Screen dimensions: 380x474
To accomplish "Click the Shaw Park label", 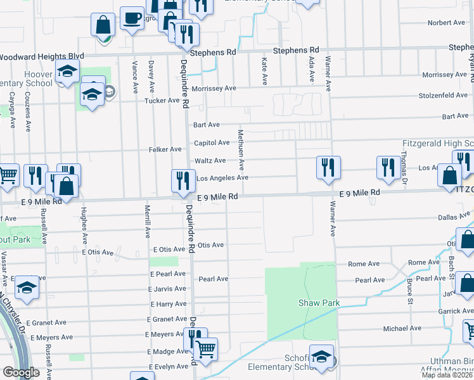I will (319, 303).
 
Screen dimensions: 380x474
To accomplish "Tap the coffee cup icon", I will (132, 19).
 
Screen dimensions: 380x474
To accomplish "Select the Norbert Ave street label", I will (446, 23).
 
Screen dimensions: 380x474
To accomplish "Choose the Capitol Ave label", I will (212, 143).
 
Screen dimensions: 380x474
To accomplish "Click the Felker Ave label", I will (165, 149).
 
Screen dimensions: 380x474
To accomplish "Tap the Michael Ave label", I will (402, 328).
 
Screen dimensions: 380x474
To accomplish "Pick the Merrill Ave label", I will (147, 225).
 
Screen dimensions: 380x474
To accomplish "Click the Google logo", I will (21, 372).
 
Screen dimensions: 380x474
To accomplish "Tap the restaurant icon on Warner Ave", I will (328, 168).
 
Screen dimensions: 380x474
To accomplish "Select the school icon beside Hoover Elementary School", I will (67, 73).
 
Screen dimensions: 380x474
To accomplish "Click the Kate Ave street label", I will (264, 70).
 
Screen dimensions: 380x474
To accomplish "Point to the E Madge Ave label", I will (166, 351).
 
